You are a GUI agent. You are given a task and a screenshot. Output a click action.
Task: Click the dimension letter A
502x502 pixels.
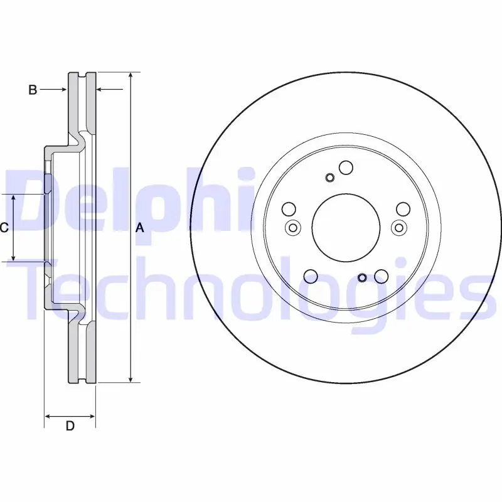click(x=140, y=228)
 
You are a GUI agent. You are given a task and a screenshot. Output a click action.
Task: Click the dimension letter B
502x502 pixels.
click(x=33, y=90)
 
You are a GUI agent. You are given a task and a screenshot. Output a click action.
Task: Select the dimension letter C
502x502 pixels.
click(x=4, y=228)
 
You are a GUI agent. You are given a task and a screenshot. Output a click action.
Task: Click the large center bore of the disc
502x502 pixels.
click(x=346, y=228)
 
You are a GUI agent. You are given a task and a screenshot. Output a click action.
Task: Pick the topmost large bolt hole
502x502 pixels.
click(x=346, y=168)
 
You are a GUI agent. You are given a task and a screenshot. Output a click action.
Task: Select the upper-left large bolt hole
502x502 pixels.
click(x=289, y=209)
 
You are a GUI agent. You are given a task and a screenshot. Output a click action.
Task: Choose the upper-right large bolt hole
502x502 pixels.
click(x=403, y=209)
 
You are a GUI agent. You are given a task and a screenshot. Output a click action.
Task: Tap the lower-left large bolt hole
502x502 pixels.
click(x=311, y=276)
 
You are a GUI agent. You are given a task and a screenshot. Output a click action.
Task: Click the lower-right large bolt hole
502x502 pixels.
click(x=382, y=276)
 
